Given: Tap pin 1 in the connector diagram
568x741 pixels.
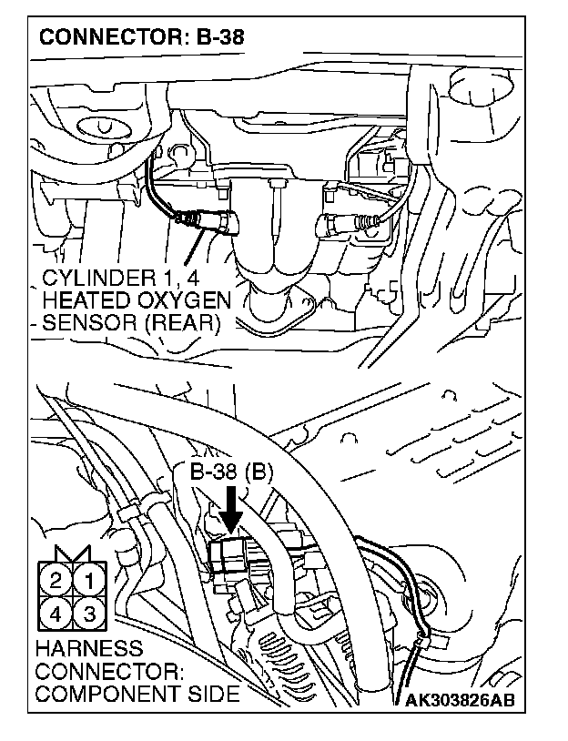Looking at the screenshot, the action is click(x=88, y=580).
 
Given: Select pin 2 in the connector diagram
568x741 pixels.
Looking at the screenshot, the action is click(x=56, y=580).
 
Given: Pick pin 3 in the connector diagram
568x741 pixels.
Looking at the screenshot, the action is click(x=88, y=613).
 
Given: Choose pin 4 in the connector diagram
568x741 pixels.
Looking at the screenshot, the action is click(x=56, y=613).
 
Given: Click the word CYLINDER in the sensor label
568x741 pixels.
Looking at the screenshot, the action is click(x=89, y=278).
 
